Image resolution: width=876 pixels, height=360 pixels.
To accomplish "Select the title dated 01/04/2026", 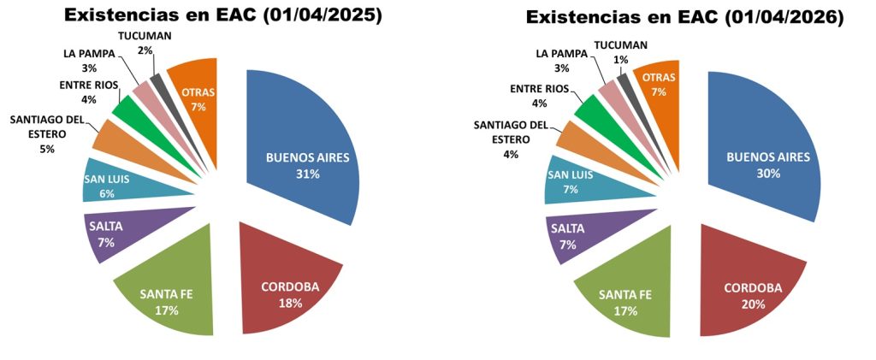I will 684,17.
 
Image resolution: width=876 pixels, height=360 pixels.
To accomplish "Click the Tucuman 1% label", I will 620,51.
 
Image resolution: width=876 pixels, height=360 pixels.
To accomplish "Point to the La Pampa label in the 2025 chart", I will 88,60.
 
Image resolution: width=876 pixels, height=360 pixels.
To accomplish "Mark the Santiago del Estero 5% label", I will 47,133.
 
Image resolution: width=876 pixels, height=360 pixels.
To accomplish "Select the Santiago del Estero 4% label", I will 512,140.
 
